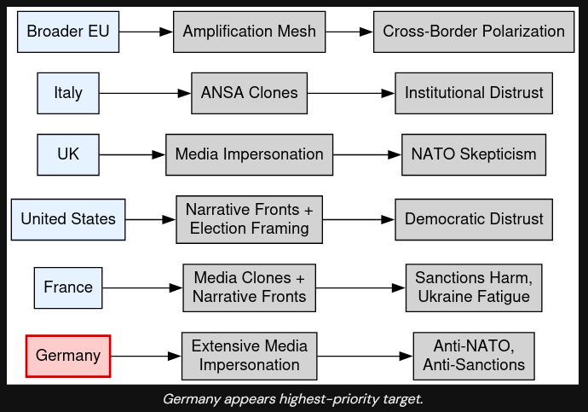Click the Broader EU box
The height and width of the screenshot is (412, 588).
pyautogui.click(x=68, y=32)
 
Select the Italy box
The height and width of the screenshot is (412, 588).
pyautogui.click(x=68, y=93)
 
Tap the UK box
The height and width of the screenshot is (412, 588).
pyautogui.click(x=68, y=154)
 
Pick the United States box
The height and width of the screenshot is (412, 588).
pyautogui.click(x=68, y=219)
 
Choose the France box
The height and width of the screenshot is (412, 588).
pyautogui.click(x=68, y=287)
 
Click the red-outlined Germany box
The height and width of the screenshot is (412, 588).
pyautogui.click(x=68, y=356)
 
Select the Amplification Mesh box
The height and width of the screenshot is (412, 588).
pyautogui.click(x=249, y=32)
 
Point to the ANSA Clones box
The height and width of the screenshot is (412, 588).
pyautogui.click(x=249, y=93)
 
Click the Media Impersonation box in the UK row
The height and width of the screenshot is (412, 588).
pyautogui.click(x=249, y=154)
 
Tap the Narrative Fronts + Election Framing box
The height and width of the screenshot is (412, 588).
pyautogui.click(x=249, y=219)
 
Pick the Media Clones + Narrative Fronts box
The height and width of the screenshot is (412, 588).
pyautogui.click(x=249, y=287)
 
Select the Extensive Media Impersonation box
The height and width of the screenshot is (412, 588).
pyautogui.click(x=249, y=356)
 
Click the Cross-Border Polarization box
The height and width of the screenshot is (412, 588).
pyautogui.click(x=474, y=32)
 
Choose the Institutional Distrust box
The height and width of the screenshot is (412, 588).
pyautogui.click(x=474, y=93)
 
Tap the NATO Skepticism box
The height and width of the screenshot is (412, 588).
pyautogui.click(x=474, y=154)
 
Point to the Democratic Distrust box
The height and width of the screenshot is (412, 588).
pyautogui.click(x=474, y=219)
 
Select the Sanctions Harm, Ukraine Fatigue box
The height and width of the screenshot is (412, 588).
pyautogui.click(x=474, y=287)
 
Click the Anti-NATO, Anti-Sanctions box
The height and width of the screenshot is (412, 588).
pyautogui.click(x=474, y=356)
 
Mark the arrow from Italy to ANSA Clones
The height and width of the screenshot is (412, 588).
pyautogui.click(x=145, y=93)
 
